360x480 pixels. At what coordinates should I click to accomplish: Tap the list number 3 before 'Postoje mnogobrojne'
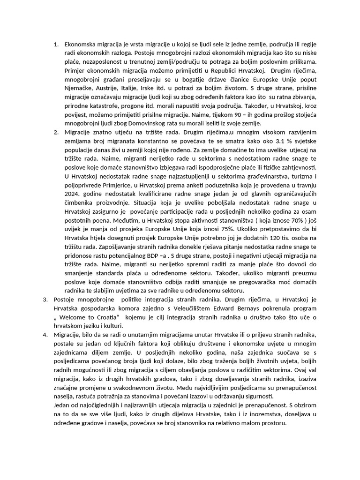pos(45,299)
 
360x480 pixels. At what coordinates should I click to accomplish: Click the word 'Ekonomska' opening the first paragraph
pos(81,45)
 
